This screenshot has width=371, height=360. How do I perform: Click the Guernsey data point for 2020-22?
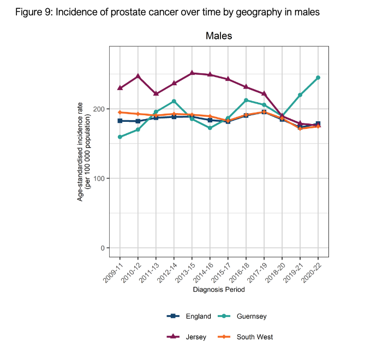(318, 78)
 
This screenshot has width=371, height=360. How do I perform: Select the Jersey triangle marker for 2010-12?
(138, 76)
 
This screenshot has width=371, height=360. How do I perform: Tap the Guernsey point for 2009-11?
(120, 137)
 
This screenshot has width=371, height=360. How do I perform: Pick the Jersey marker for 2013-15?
(192, 73)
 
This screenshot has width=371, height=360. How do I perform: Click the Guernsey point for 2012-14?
(174, 101)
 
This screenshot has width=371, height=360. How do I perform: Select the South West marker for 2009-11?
(120, 112)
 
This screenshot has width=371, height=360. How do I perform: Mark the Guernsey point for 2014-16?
(210, 128)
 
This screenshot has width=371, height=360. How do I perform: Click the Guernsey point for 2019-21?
(300, 95)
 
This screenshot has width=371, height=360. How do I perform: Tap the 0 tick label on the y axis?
(102, 248)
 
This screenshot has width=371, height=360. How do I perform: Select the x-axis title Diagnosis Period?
(219, 290)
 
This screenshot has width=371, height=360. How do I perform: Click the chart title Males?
(219, 36)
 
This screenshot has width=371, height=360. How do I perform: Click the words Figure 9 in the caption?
(32, 12)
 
